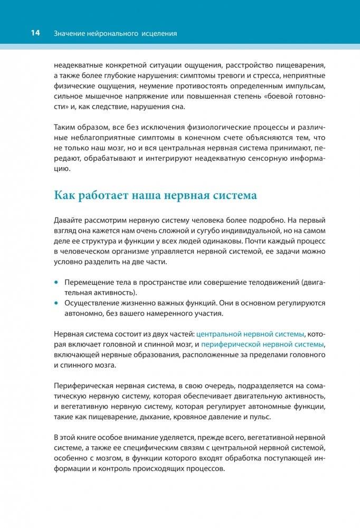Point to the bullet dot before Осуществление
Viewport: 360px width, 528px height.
56,303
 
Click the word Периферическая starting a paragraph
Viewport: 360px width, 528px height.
83,386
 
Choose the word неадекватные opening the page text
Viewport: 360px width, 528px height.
79,65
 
